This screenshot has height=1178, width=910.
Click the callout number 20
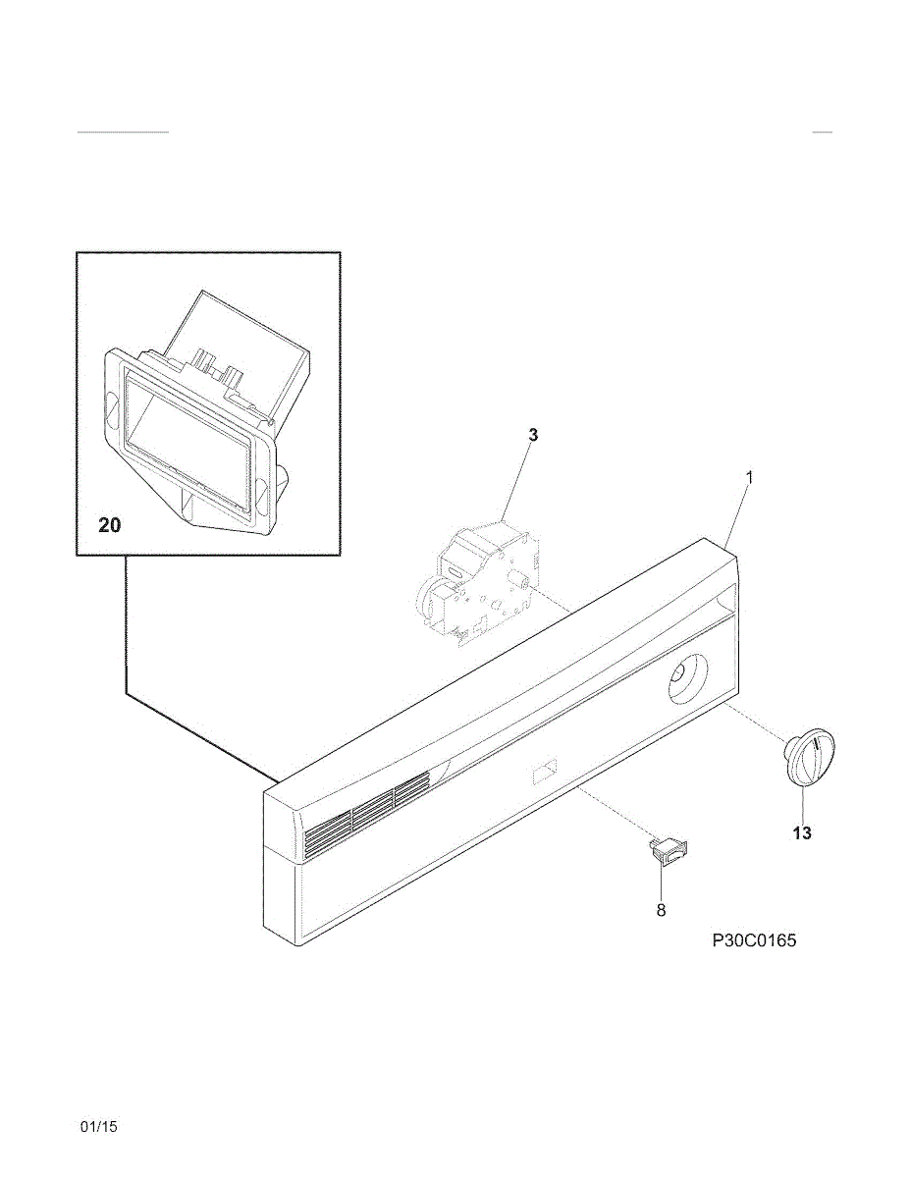tap(109, 526)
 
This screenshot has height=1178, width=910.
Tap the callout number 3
tap(532, 434)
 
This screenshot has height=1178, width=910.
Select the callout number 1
tap(749, 477)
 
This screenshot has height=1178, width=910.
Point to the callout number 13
tap(803, 833)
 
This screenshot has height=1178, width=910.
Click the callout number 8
tap(661, 910)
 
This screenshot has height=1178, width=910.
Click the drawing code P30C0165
tap(754, 940)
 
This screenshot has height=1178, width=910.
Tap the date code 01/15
tap(98, 1127)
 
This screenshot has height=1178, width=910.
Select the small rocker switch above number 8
tap(669, 850)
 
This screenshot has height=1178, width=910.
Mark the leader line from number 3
tap(517, 482)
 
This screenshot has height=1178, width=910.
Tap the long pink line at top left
tap(123, 131)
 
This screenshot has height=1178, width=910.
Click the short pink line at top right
tap(823, 131)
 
